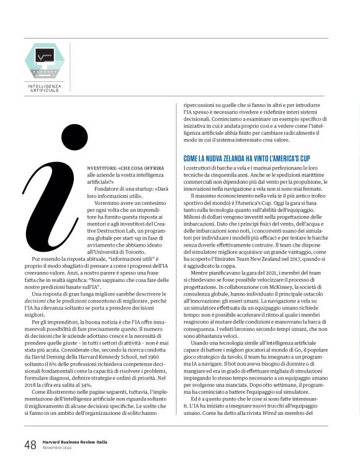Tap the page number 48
pos(30,445)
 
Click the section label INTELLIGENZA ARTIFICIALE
pos(44,88)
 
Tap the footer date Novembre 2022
pos(56,448)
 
